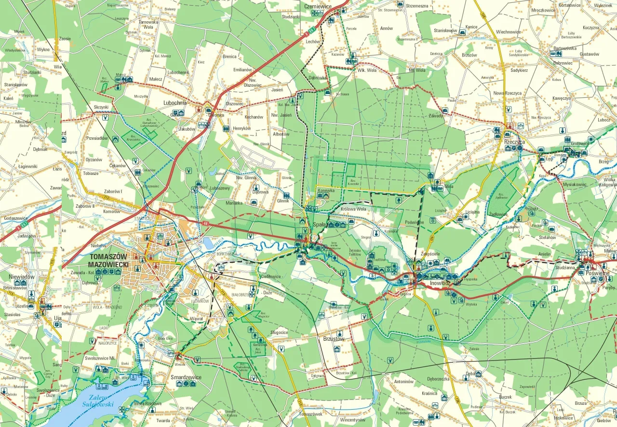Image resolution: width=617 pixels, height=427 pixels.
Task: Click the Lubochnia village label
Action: coord(174,103)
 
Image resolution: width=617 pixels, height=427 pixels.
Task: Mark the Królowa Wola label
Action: coord(353,209)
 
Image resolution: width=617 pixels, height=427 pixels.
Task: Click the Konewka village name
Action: coord(326,191)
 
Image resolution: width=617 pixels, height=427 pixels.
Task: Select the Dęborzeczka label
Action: coord(439,378)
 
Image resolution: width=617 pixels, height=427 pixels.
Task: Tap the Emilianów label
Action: coord(243,70)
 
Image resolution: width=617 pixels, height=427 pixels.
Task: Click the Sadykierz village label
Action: coord(519,70)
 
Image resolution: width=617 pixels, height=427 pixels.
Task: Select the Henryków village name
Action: coord(242,128)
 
